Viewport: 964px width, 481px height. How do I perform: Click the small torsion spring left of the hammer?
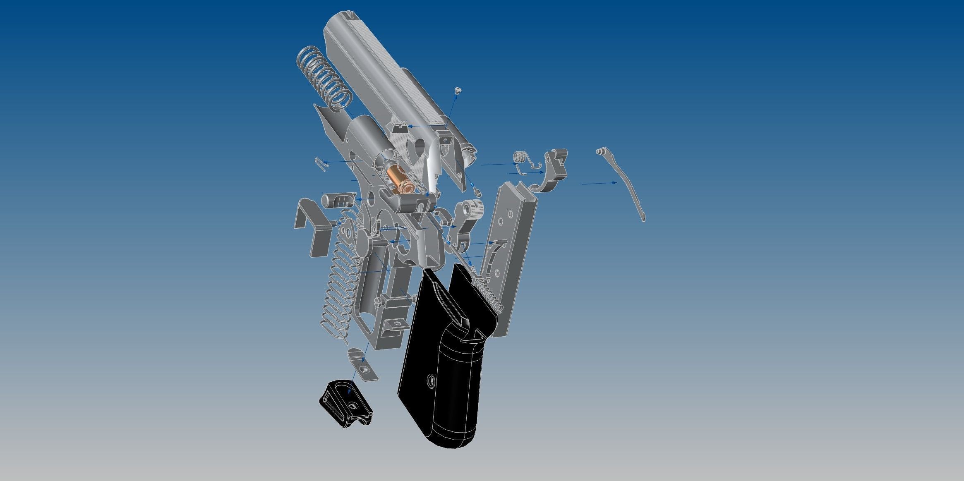pos(520,159)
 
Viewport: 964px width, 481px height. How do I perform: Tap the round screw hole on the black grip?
pos(431,381)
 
